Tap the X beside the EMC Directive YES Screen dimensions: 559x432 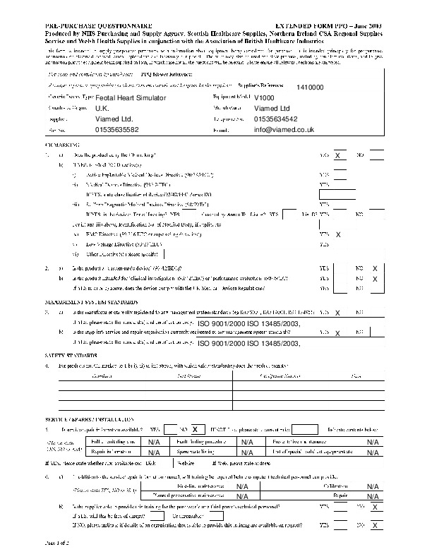click(339, 234)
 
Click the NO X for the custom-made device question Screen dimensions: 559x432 click(375, 269)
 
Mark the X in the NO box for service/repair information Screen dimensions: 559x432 click(195, 428)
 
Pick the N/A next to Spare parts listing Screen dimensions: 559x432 click(247, 451)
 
